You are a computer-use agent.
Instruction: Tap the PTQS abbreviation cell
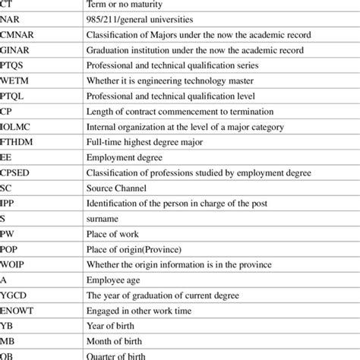[14, 66]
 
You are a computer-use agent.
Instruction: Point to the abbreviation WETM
[14, 82]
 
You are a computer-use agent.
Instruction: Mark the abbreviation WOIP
[13, 268]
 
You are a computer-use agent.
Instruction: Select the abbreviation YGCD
[14, 299]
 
